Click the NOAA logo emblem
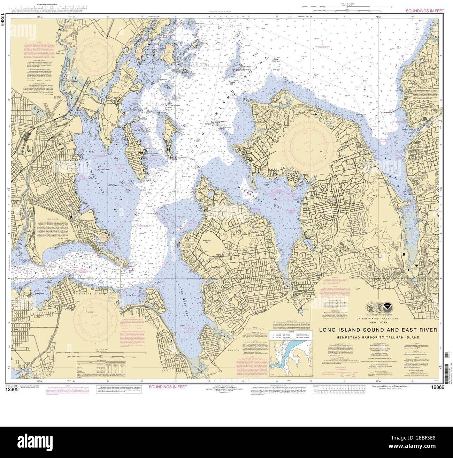click(x=386, y=307)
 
